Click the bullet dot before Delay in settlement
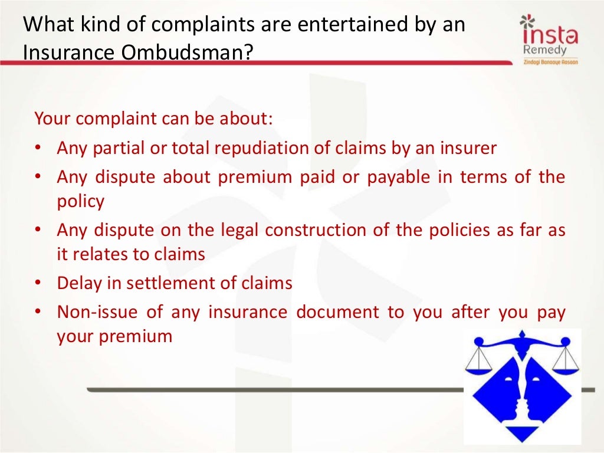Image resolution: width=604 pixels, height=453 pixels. point(37,284)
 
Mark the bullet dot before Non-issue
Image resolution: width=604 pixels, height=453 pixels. point(37,313)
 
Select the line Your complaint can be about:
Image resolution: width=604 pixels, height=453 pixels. point(154,119)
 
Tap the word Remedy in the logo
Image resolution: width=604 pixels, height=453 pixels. point(544,50)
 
